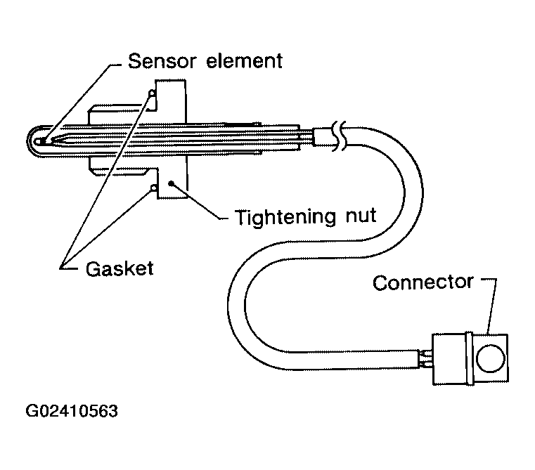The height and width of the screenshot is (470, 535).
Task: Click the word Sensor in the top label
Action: (162, 61)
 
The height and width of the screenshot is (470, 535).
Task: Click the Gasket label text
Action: (120, 268)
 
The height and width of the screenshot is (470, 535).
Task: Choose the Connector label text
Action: (423, 282)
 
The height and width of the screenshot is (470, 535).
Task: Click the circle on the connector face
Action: (489, 360)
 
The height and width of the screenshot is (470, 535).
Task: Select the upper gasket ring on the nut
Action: (151, 92)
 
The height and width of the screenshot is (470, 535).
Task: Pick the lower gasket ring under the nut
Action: (152, 188)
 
